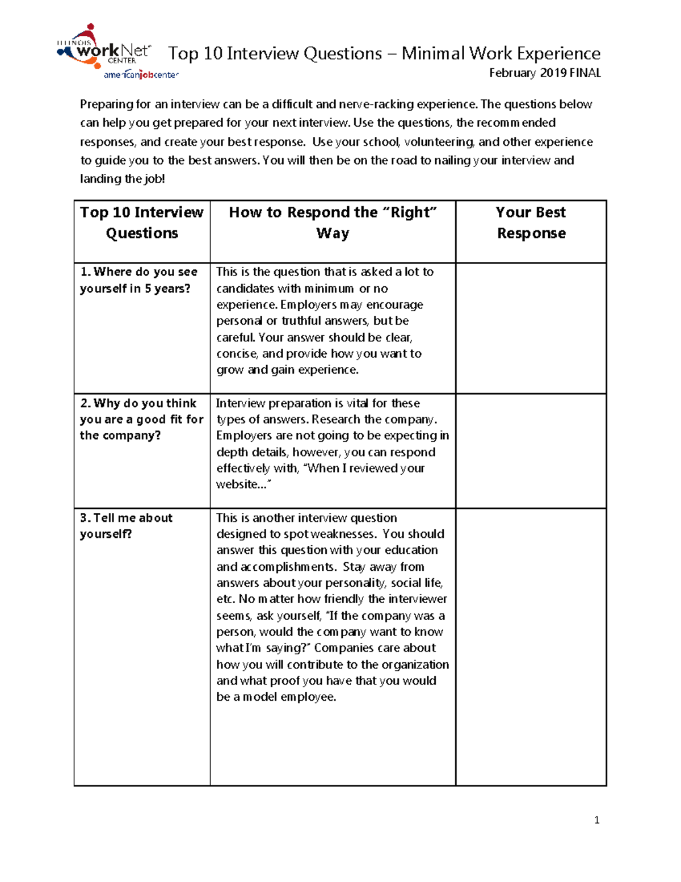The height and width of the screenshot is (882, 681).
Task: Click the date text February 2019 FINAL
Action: [x=544, y=73]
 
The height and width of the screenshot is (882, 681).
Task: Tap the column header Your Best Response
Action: [x=531, y=223]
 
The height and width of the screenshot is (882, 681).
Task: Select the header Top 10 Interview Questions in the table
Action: [x=142, y=223]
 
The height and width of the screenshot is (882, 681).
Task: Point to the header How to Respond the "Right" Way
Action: [x=333, y=223]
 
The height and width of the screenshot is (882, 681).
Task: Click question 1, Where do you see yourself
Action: [x=138, y=280]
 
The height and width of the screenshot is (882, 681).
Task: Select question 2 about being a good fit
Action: [x=141, y=419]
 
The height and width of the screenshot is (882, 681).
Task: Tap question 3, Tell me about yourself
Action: [x=126, y=525]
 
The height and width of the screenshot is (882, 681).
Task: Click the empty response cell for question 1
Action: [x=531, y=328]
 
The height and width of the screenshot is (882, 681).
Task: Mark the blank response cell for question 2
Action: [x=531, y=450]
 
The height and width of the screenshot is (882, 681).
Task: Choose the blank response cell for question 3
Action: [x=531, y=646]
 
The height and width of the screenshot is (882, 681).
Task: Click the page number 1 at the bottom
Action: [x=596, y=820]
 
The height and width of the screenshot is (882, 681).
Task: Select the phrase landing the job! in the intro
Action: [x=122, y=179]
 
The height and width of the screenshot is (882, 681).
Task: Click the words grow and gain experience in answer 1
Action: [x=287, y=370]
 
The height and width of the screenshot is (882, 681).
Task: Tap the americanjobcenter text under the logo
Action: [x=141, y=75]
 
